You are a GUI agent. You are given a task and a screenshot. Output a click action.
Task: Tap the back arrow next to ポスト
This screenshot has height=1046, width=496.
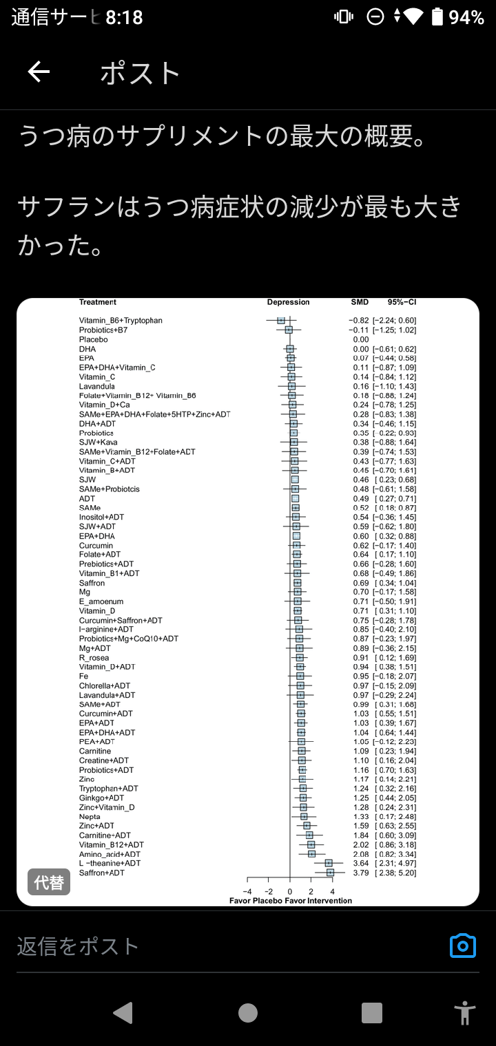point(39,72)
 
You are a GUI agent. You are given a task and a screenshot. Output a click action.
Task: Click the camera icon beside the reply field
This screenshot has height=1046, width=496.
point(463,946)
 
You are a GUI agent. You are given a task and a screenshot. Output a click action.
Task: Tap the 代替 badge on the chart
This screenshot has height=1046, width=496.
point(49,882)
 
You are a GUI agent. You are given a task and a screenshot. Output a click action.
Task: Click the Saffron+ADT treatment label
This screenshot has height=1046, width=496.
point(102,873)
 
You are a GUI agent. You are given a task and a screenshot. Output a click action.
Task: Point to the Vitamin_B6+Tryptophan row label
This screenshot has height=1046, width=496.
point(121,321)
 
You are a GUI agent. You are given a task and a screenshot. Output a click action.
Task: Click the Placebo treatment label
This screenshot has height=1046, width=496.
point(94,339)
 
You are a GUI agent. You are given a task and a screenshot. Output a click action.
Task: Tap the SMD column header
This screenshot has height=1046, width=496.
point(360,302)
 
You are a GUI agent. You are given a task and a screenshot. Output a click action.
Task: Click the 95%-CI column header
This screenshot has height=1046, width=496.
point(402,302)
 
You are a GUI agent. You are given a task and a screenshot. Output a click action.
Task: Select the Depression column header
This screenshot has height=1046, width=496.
point(289,302)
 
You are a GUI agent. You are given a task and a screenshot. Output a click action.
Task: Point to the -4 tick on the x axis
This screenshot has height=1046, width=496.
point(247,892)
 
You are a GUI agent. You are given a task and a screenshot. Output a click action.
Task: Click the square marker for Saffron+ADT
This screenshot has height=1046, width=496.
point(330,873)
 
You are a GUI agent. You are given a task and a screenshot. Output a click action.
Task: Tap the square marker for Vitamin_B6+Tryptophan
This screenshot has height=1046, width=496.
point(281,321)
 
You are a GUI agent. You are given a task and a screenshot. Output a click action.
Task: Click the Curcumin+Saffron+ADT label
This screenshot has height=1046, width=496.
point(121,620)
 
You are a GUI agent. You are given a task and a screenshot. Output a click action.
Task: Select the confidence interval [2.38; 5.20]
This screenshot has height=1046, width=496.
point(395,873)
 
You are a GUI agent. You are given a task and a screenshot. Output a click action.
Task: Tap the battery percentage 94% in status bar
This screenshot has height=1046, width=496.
point(466,17)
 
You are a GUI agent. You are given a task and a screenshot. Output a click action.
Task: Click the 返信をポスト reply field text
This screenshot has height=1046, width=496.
point(78,946)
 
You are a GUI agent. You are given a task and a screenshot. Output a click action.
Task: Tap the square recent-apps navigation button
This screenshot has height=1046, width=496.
point(372,1012)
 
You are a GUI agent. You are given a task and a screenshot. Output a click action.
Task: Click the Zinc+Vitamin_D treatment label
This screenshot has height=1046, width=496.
point(107,807)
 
